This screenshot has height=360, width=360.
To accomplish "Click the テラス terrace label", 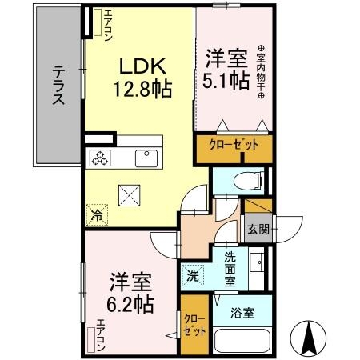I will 58,85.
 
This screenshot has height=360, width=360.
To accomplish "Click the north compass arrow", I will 311,339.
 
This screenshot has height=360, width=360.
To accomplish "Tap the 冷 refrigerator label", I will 97,214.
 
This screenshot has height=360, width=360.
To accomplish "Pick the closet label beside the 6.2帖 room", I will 194,325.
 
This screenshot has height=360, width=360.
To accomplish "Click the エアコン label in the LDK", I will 103,25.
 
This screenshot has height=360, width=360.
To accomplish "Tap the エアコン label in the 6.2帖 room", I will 101,331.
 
